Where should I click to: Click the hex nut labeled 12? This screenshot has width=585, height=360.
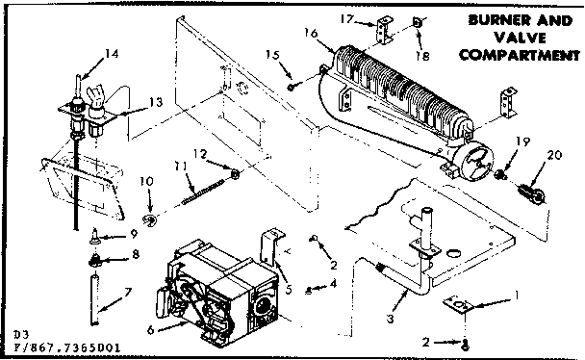[x=234, y=173]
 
